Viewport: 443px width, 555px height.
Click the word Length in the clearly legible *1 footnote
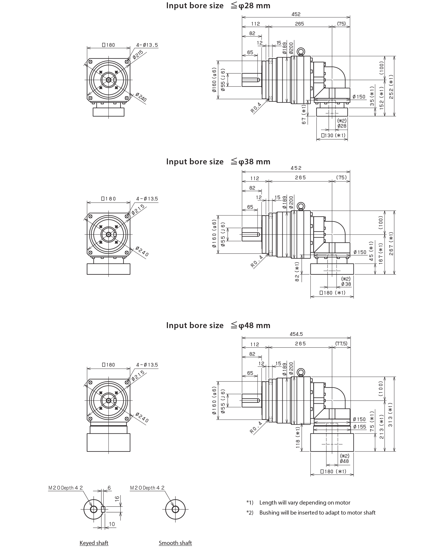[x=268, y=507]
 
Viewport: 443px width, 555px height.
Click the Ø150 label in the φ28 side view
[x=367, y=96]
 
